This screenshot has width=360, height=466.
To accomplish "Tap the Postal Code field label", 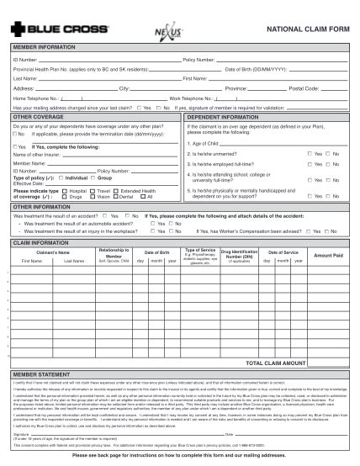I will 304,87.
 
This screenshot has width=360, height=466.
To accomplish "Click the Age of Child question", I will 200,143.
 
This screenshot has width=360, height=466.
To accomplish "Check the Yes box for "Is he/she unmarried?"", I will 310,154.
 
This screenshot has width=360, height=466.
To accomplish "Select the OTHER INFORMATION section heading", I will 41,206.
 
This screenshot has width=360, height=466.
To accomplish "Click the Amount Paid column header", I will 327,255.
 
